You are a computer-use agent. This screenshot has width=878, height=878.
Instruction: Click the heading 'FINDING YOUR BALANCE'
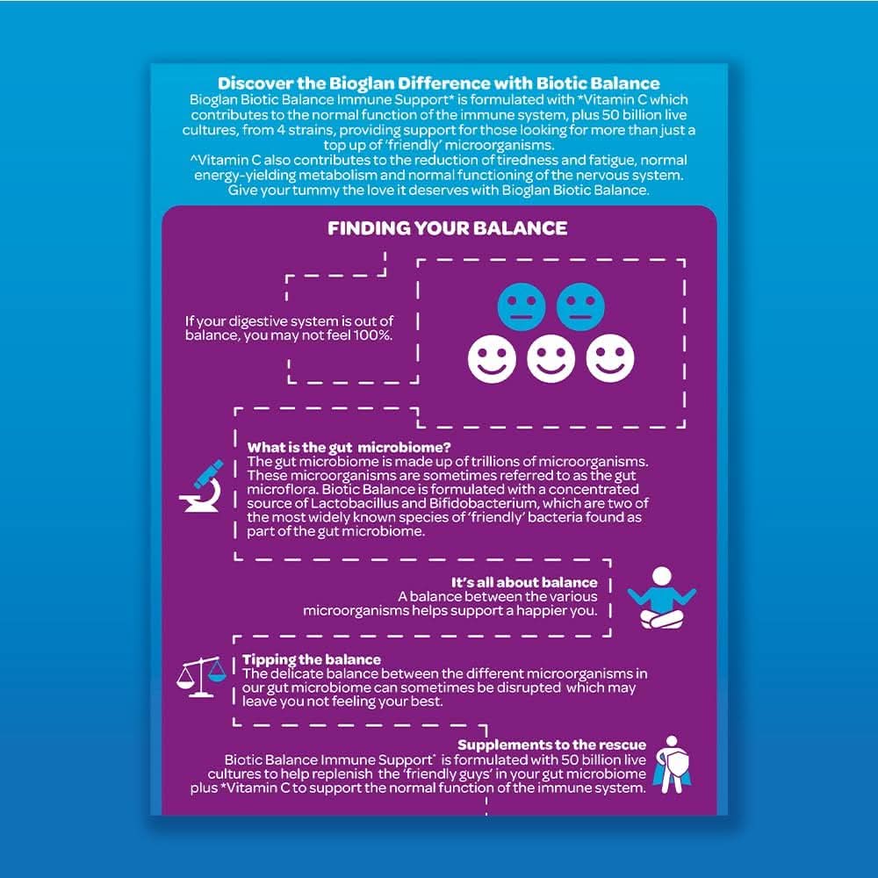pyautogui.click(x=448, y=228)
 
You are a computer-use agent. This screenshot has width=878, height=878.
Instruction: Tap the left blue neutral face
pyautogui.click(x=522, y=306)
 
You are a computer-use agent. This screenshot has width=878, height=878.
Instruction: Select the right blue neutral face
pyautogui.click(x=580, y=306)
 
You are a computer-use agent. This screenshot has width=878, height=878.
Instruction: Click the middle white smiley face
pyautogui.click(x=551, y=358)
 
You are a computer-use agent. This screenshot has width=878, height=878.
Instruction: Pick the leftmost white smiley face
pyautogui.click(x=492, y=358)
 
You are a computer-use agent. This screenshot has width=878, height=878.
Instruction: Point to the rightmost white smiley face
pyautogui.click(x=610, y=358)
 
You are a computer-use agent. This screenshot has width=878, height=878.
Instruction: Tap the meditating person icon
pyautogui.click(x=662, y=597)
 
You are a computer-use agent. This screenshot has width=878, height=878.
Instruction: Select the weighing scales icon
pyautogui.click(x=201, y=677)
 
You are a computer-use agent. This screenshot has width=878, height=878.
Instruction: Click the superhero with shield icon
pyautogui.click(x=673, y=765)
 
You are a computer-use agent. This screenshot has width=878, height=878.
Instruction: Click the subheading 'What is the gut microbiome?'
pyautogui.click(x=349, y=448)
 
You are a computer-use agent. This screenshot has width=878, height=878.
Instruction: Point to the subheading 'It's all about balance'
pyautogui.click(x=524, y=582)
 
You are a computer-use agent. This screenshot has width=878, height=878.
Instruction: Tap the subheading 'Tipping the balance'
pyautogui.click(x=312, y=659)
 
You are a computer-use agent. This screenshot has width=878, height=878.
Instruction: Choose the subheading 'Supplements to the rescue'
pyautogui.click(x=551, y=745)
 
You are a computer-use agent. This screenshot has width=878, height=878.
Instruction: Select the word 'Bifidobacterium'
pyautogui.click(x=475, y=503)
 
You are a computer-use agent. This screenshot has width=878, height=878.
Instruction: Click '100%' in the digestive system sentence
pyautogui.click(x=373, y=335)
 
